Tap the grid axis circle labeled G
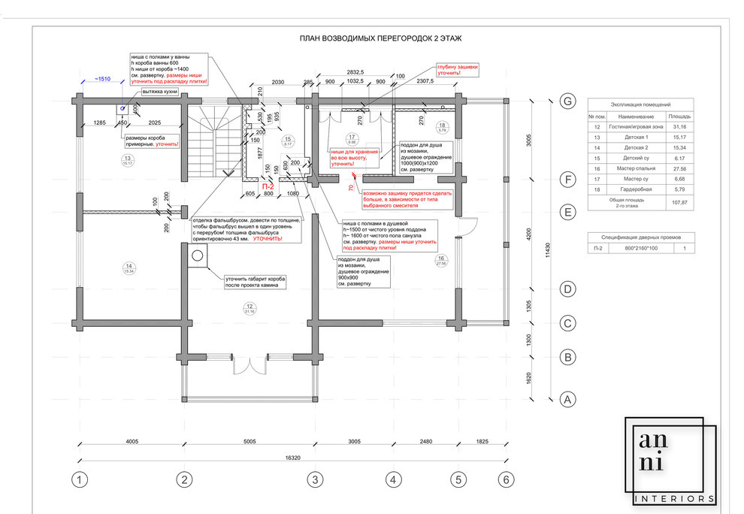coord(568,101)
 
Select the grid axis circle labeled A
coord(568,399)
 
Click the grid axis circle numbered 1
coord(80,479)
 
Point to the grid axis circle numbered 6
coord(507,479)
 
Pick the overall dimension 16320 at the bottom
coord(293,458)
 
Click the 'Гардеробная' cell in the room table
coord(637,190)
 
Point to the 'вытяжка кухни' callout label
coord(160,91)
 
